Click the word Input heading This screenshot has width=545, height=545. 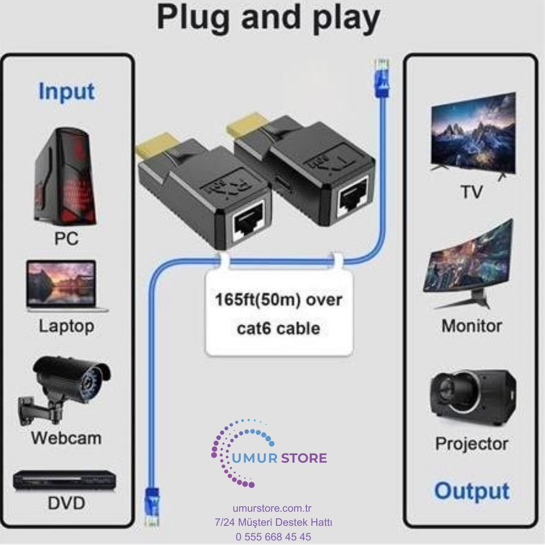pyautogui.click(x=66, y=92)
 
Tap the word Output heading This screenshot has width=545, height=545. pyautogui.click(x=471, y=490)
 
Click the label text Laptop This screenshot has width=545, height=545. pyautogui.click(x=67, y=326)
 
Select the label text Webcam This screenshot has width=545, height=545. pyautogui.click(x=66, y=438)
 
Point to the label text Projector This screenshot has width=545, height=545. pyautogui.click(x=471, y=444)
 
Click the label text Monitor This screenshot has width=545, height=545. pyautogui.click(x=471, y=326)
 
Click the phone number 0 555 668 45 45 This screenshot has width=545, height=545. pyautogui.click(x=273, y=536)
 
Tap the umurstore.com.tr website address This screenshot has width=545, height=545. pyautogui.click(x=273, y=509)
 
